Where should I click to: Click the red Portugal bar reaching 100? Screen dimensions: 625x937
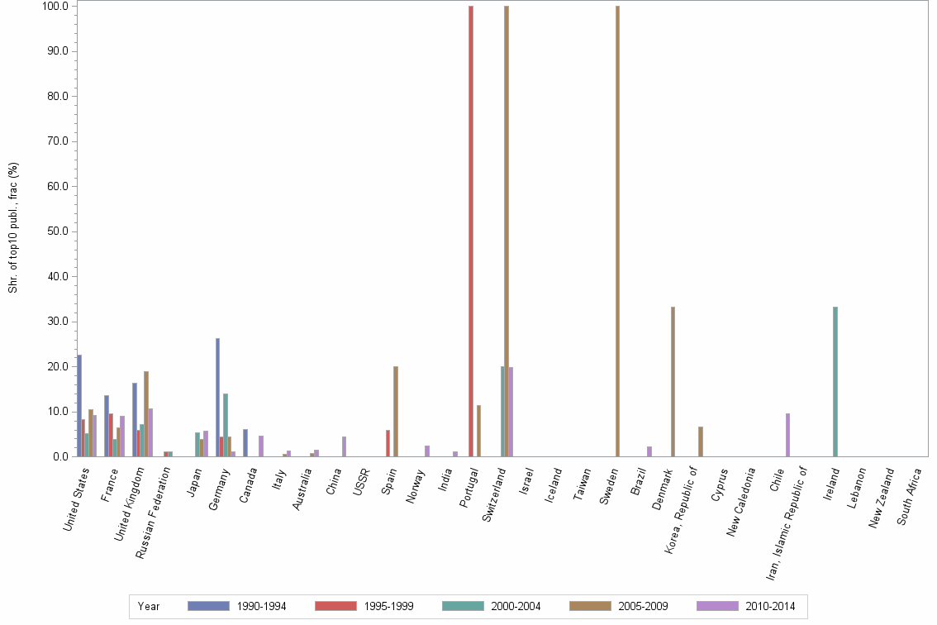click(471, 231)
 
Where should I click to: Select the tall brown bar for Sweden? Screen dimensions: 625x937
click(617, 231)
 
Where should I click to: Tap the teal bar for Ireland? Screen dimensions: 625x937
click(835, 381)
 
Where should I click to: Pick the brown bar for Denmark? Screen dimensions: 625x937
click(673, 381)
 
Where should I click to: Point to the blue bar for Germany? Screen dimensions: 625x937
click(217, 397)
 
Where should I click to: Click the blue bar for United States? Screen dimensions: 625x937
click(79, 405)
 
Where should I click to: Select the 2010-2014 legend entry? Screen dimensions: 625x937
click(746, 607)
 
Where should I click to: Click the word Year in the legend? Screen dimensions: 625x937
click(149, 607)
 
